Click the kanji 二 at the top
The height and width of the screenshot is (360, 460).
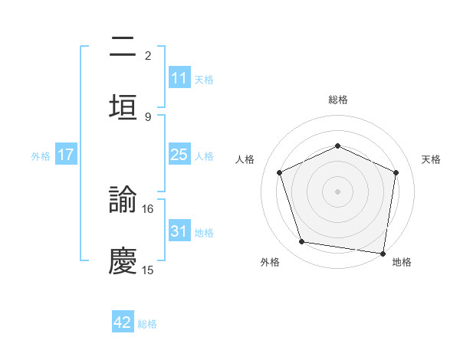tap(123, 47)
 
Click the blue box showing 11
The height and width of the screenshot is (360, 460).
tap(179, 78)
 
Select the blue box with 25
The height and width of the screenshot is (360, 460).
tap(179, 155)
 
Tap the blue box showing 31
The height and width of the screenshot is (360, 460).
tap(179, 231)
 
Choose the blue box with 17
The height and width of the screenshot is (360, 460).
tap(66, 155)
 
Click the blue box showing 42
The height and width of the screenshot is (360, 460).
tap(123, 322)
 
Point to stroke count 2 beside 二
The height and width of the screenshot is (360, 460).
tap(148, 55)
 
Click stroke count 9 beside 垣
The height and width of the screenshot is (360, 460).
tap(148, 116)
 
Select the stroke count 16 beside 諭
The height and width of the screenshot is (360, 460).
tap(148, 208)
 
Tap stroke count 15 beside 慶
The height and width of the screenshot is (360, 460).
tap(148, 270)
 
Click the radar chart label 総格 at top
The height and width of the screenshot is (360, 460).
tap(338, 100)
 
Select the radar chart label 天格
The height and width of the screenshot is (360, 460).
tap(431, 159)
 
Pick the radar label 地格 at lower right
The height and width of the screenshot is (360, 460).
tap(402, 262)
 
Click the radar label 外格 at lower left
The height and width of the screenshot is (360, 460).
tap(270, 262)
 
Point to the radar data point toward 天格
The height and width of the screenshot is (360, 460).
tap(396, 172)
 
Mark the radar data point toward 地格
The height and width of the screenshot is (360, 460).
tap(383, 253)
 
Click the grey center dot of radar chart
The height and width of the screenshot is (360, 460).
tap(338, 191)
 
